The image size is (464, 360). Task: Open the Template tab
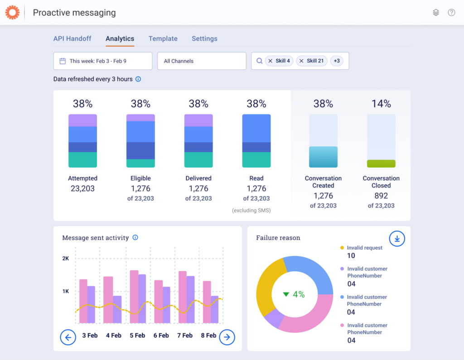163,39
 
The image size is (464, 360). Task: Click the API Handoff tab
72,39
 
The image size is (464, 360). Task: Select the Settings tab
204,39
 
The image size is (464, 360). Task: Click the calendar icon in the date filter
63,61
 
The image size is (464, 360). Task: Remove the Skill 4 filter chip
271,61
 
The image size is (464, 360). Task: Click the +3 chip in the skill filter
336,61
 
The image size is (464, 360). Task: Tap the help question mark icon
451,13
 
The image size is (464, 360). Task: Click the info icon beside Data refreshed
138,79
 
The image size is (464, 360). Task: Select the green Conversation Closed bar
381,163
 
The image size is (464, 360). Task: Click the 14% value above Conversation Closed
381,104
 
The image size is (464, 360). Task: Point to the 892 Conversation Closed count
381,196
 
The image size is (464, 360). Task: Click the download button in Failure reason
397,239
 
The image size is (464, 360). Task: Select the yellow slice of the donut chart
267,285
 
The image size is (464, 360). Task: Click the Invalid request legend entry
364,248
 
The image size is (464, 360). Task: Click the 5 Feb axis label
137,336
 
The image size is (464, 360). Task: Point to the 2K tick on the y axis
66,259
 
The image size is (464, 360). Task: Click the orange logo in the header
12,13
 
